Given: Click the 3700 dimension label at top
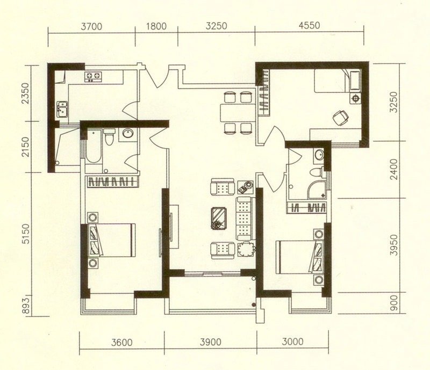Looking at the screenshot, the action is [91, 27].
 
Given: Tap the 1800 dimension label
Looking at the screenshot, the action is [156, 26].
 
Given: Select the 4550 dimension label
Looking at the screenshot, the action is [310, 25].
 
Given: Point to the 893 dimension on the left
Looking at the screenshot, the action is [25, 305].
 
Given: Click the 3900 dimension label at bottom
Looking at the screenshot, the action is [211, 342].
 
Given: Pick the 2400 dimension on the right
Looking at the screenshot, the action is [393, 169].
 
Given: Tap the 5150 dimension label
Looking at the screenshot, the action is [25, 234].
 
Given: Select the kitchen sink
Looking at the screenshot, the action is [62, 109].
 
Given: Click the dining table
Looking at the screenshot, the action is [238, 112].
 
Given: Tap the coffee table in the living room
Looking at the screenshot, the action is [219, 218].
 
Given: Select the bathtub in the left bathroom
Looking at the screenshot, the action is [93, 147].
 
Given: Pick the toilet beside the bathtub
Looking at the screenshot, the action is [110, 136].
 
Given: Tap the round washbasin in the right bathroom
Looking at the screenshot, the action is [319, 155].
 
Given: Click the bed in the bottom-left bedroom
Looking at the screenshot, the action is [111, 240].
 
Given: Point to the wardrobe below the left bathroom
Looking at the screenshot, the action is [112, 182].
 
